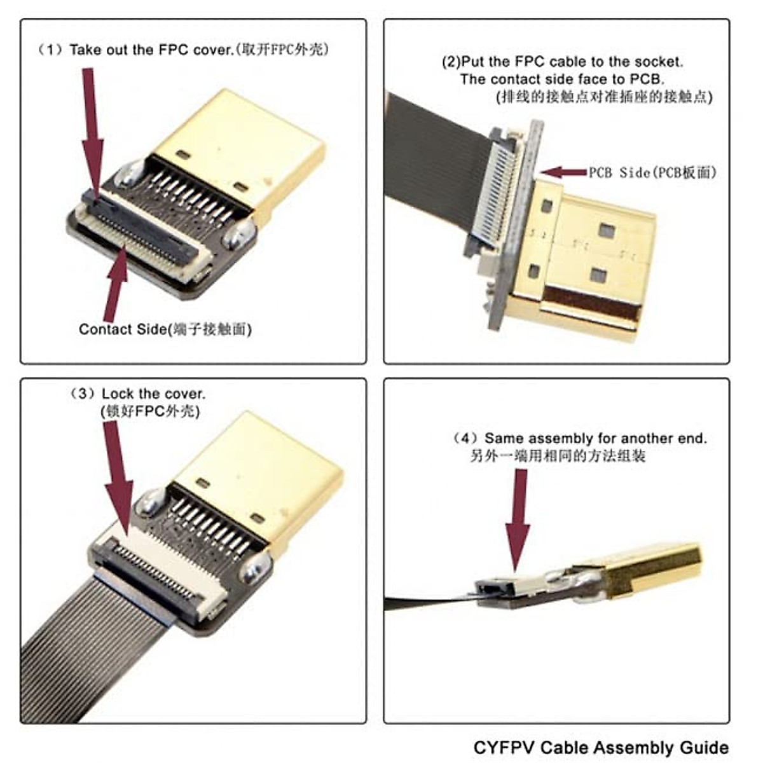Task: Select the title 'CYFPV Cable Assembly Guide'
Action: [x=601, y=746]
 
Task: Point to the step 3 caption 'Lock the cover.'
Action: [x=153, y=394]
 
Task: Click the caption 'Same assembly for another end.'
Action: [x=595, y=438]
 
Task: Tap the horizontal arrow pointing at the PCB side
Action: [x=563, y=172]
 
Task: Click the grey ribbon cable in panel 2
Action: [x=432, y=159]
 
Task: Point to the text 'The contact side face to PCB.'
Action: [x=562, y=79]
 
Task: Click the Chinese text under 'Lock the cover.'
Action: [x=150, y=411]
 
